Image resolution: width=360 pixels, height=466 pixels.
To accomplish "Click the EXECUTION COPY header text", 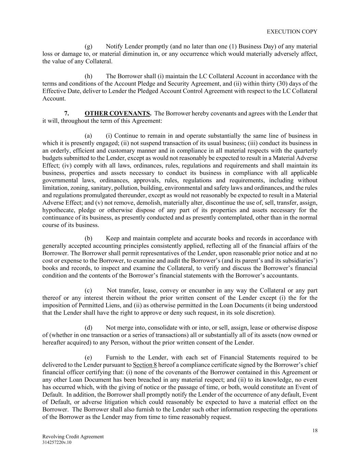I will click(x=292, y=31).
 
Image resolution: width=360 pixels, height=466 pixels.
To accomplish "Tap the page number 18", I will click(x=315, y=430).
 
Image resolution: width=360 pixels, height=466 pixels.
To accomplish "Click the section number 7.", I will click(x=67, y=113).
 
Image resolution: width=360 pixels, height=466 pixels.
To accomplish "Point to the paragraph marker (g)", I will click(x=88, y=46).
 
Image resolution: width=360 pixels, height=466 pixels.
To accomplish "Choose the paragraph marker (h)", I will click(x=88, y=76).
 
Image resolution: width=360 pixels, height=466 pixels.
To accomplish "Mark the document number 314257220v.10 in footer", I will click(x=57, y=442).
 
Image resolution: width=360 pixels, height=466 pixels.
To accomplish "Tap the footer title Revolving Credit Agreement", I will click(x=73, y=437).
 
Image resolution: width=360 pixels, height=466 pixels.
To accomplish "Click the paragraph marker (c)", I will click(x=88, y=291).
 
